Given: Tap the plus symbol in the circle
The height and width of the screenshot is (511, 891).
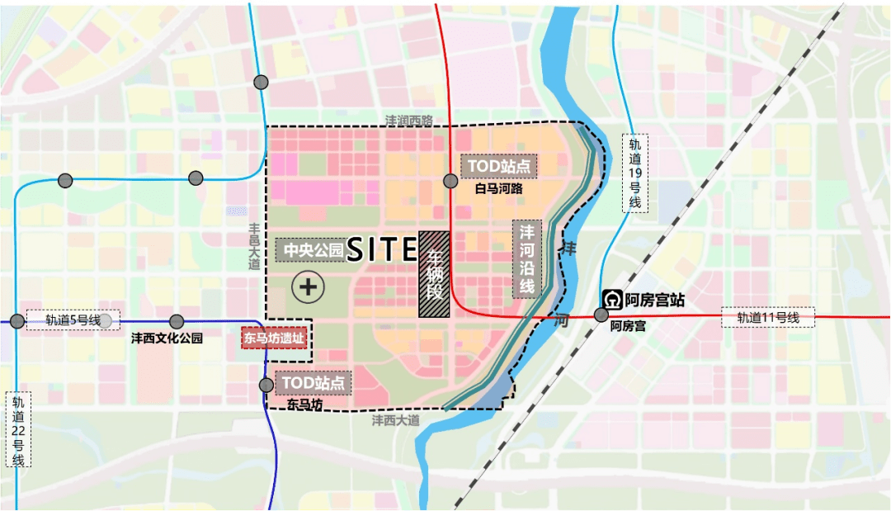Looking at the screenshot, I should pos(309,287).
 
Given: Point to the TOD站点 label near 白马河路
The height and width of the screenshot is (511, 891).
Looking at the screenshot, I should pos(499,166).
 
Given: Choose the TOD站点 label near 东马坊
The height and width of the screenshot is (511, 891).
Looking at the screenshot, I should pos(314,383).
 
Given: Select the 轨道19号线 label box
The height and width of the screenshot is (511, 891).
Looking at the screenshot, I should pos(634,173).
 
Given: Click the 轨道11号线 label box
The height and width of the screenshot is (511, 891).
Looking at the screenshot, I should pos(767,318).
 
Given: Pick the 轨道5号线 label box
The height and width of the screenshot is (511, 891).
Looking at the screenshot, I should pos(72,320).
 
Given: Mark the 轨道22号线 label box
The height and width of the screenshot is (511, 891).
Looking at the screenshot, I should pos(18,429).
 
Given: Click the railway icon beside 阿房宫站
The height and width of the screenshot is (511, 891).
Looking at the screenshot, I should pos(613,299).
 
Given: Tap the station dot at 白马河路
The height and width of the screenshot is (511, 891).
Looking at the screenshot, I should pos(450,181).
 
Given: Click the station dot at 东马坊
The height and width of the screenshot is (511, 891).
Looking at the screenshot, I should pos(266,385).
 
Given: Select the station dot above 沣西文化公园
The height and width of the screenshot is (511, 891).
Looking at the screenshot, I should pos(176,322).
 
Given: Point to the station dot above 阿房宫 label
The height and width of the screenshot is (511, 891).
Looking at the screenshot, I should pos(601,315).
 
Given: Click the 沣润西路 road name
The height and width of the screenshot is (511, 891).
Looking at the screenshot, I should pos(408,121).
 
